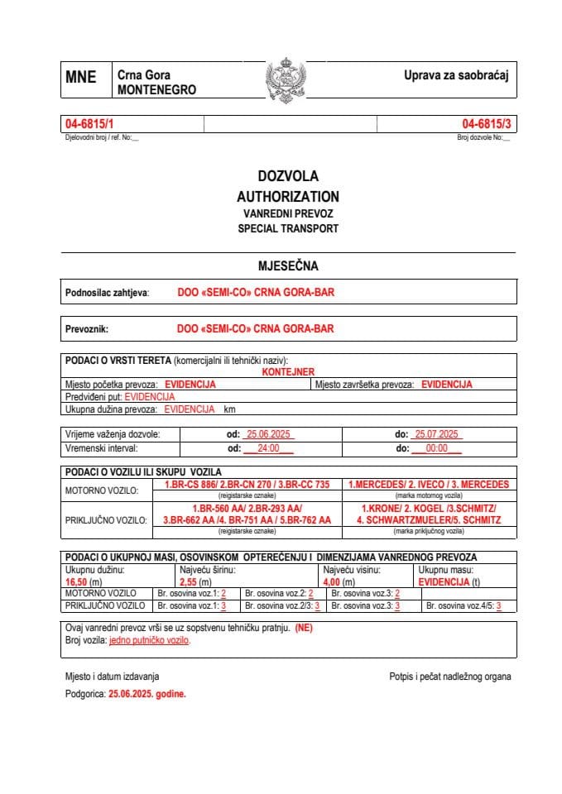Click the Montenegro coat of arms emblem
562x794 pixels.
pos(286,80)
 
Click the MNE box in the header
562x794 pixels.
pos(81,79)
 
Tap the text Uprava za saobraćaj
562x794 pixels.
pos(454,75)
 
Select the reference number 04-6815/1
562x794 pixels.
pos(90,124)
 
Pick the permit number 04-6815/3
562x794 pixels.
pos(487,124)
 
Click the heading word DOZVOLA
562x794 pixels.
pos(288,176)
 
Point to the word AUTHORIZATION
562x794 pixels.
pos(288,197)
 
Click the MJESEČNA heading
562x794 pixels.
pos(288,266)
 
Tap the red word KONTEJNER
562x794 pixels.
pos(288,372)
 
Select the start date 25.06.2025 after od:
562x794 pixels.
pos(267,434)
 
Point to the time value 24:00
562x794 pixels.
pos(269,448)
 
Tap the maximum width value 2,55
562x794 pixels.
pos(190,581)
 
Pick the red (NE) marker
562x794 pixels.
pos(304,629)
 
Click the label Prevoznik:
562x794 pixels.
pos(87,328)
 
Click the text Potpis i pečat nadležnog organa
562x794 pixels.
pos(449,677)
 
